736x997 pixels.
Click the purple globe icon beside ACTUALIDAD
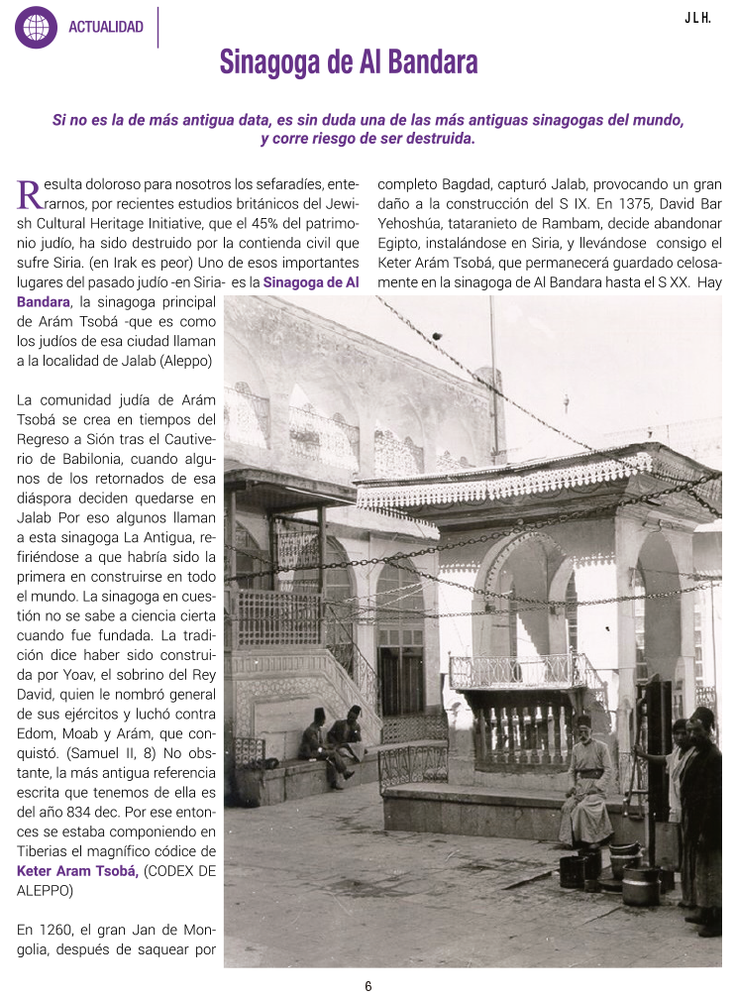(36, 27)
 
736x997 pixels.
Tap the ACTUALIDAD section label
(106, 28)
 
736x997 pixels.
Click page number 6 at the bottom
(368, 985)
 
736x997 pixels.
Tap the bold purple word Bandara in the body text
(44, 300)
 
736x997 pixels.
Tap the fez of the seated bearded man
(583, 720)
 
